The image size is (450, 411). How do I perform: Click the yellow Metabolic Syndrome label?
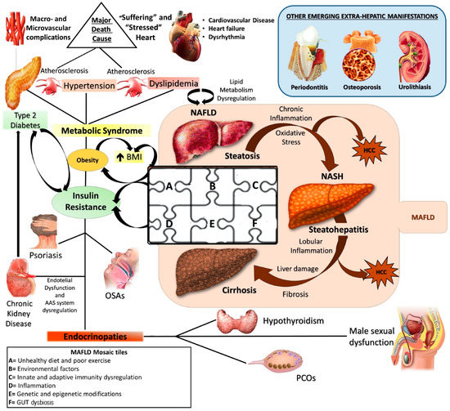(x=104, y=132)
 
